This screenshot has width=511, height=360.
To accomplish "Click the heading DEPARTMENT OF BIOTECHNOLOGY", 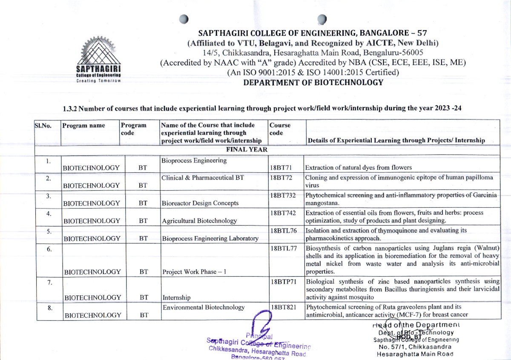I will pyautogui.click(x=313, y=83).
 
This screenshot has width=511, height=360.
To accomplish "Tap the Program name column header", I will pyautogui.click(x=83, y=126).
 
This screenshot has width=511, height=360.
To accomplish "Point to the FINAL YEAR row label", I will pyautogui.click(x=247, y=149).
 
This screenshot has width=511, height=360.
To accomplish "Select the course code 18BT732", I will pyautogui.click(x=283, y=195).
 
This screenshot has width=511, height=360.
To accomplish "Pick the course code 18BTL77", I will pyautogui.click(x=283, y=249).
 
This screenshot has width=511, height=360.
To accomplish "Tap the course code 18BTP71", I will pyautogui.click(x=283, y=282).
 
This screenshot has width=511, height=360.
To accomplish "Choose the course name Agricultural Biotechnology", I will pyautogui.click(x=199, y=221).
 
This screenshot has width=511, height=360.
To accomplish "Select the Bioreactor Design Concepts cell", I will pyautogui.click(x=200, y=203).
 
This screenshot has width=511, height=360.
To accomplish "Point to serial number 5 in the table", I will pyautogui.click(x=49, y=231).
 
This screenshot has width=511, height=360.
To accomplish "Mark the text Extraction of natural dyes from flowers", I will pyautogui.click(x=364, y=168).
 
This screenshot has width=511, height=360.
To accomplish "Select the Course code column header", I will pyautogui.click(x=280, y=129).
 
